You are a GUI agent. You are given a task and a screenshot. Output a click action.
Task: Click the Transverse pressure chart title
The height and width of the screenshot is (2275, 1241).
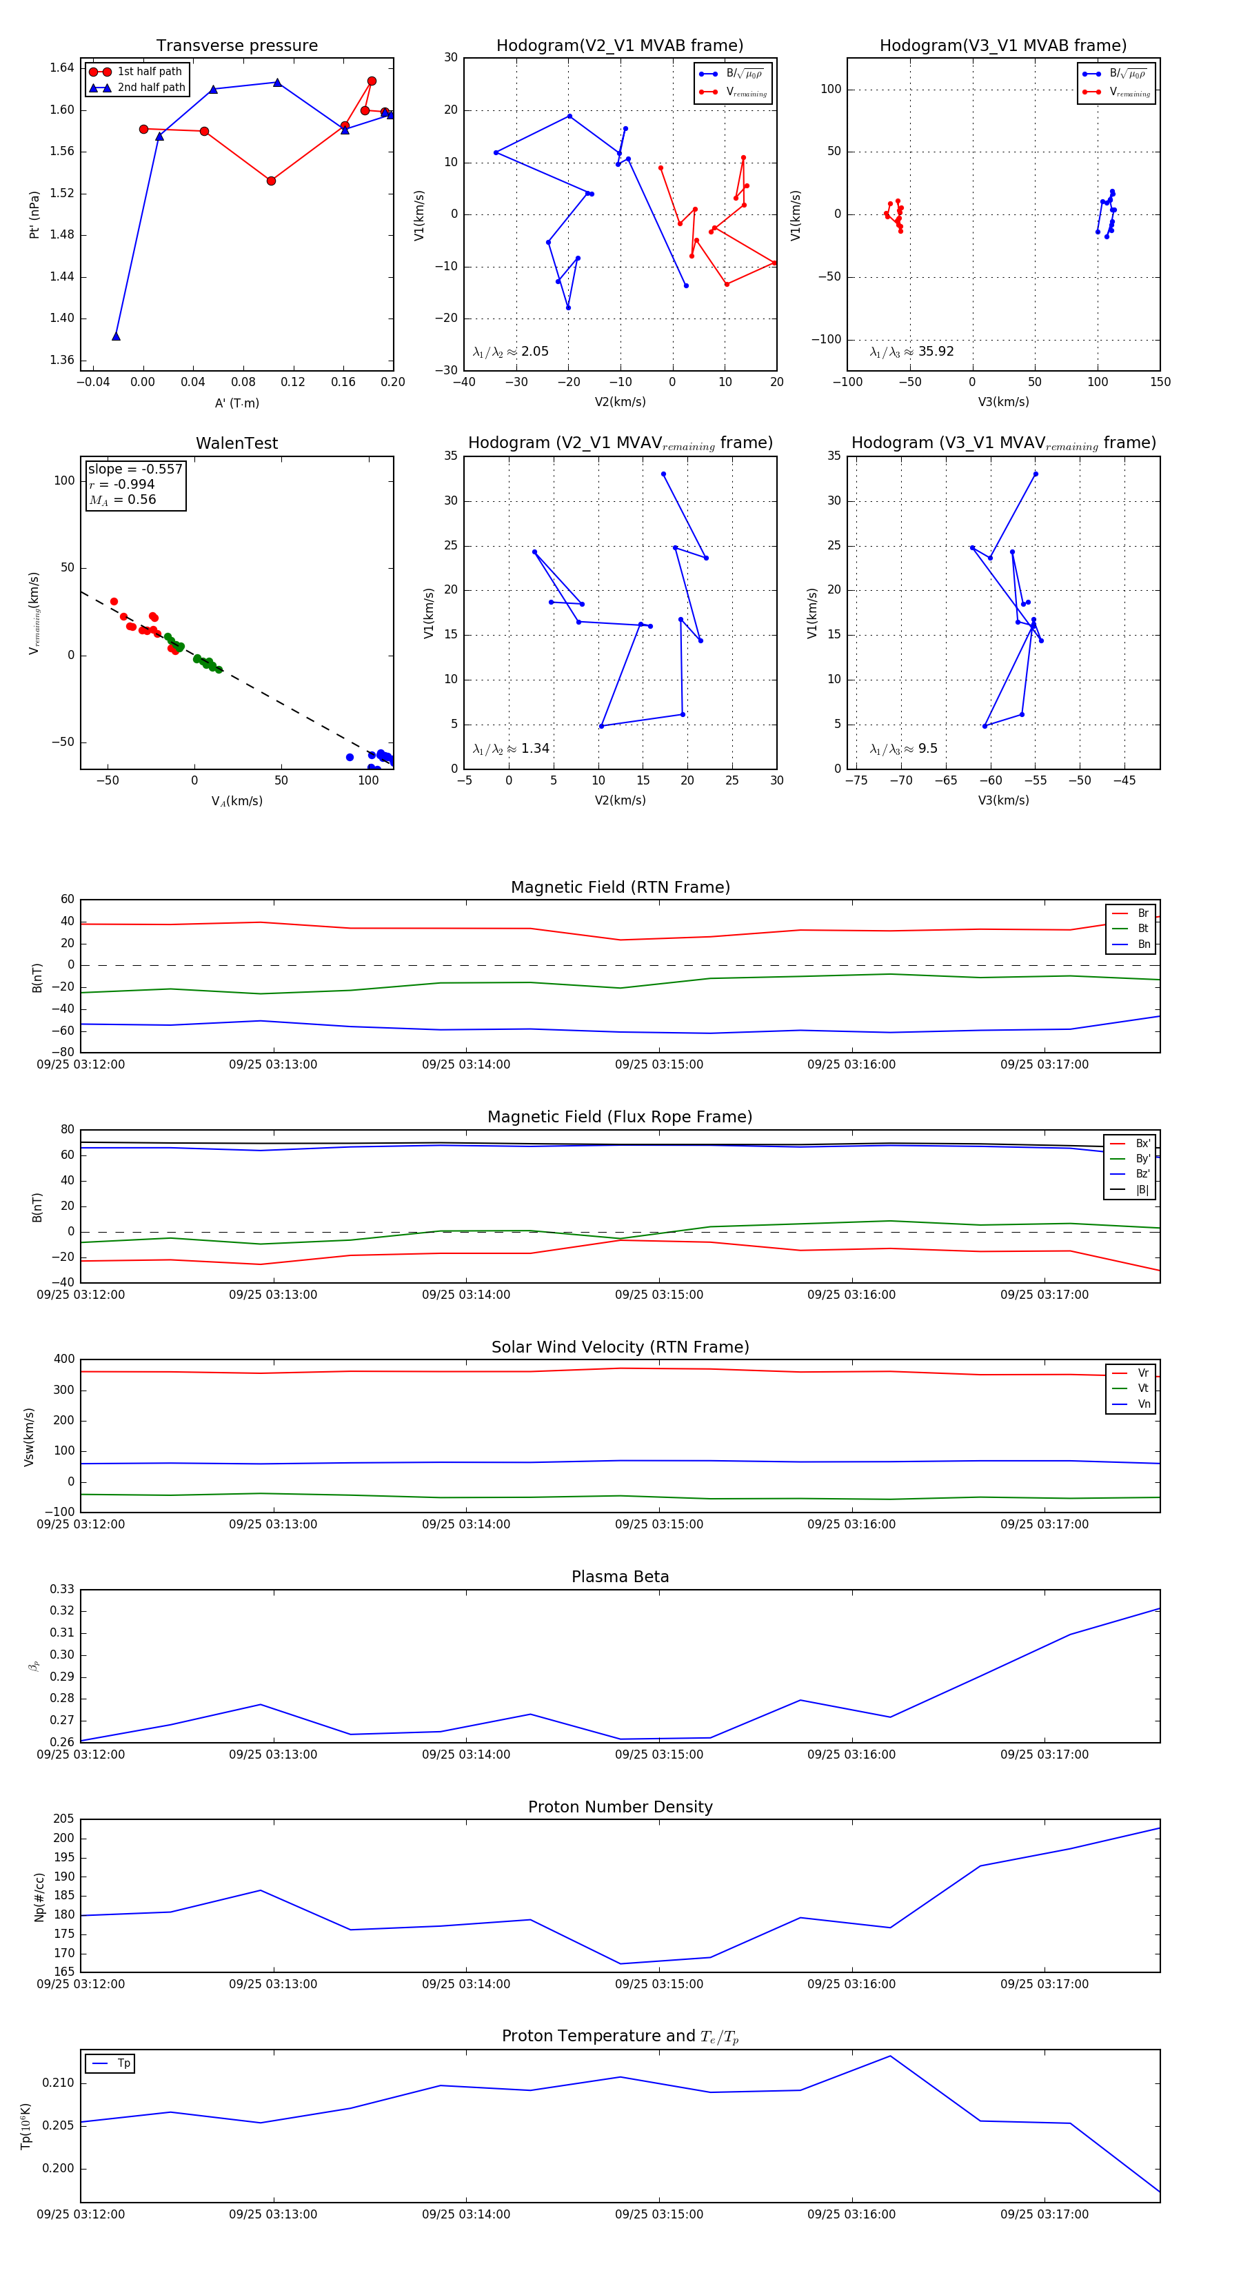[x=236, y=46]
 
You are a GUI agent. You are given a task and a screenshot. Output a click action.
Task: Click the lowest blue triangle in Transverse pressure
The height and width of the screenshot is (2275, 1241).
[x=116, y=336]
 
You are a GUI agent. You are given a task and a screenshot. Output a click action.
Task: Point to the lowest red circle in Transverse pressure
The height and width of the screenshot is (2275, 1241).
[x=271, y=181]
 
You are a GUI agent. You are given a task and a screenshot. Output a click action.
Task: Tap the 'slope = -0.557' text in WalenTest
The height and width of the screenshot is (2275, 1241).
[x=135, y=469]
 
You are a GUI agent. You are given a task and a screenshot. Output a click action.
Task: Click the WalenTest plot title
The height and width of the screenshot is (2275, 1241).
[x=236, y=443]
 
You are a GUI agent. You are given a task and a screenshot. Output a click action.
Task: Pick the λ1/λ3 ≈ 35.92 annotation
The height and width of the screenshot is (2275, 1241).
[x=911, y=352]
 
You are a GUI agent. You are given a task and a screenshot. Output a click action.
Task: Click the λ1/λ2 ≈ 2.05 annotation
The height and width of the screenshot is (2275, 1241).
[x=510, y=352]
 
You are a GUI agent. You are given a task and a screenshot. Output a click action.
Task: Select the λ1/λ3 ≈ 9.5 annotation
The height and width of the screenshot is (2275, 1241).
[x=904, y=749]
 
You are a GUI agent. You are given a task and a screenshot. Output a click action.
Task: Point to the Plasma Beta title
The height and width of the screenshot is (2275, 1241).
[x=620, y=1577]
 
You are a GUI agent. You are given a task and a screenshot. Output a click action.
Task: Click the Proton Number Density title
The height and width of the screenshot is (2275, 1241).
[x=620, y=1807]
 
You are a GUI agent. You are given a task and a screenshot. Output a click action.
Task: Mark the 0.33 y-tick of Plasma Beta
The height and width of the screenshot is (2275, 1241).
[x=62, y=1589]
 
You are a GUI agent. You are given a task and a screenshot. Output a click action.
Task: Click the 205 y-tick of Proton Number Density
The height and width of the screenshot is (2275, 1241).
[x=63, y=1819]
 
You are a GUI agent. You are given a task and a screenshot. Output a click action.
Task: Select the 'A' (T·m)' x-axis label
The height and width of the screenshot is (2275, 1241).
[x=236, y=403]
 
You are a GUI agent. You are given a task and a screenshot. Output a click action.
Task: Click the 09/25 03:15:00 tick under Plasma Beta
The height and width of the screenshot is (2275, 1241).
[x=659, y=1754]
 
